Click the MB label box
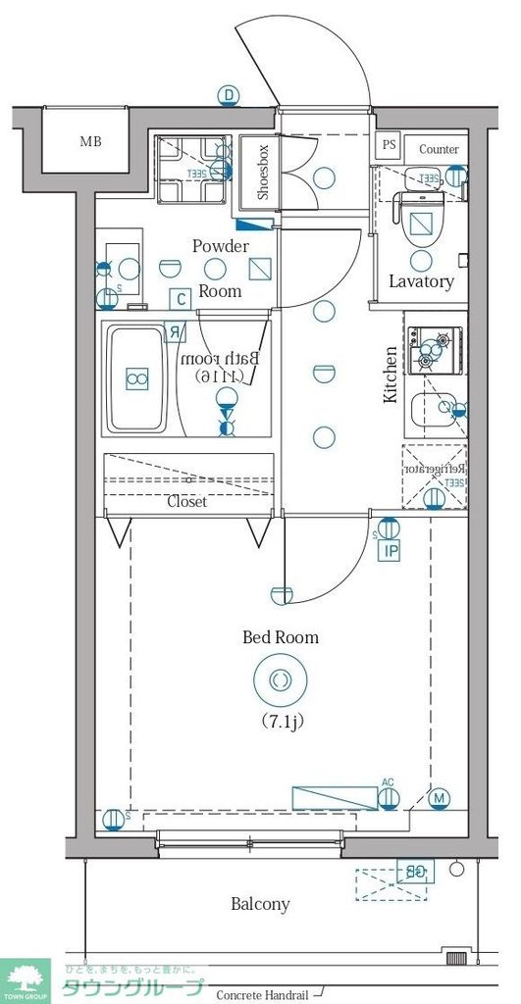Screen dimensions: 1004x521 click(x=90, y=141)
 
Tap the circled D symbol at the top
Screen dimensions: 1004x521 click(x=229, y=95)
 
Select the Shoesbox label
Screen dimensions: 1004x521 click(x=263, y=173)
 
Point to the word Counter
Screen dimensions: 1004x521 click(x=439, y=149)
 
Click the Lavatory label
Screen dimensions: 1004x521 click(x=421, y=281)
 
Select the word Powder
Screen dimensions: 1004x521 click(x=220, y=246)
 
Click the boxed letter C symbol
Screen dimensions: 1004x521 click(x=179, y=299)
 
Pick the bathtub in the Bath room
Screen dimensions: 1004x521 click(x=137, y=379)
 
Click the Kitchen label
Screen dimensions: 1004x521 click(x=391, y=375)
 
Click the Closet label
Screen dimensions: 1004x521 click(x=186, y=501)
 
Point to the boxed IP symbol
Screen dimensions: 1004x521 click(x=391, y=551)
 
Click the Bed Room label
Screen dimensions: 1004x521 click(x=281, y=637)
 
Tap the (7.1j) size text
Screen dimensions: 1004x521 click(x=281, y=723)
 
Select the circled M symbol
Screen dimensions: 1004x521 click(x=440, y=798)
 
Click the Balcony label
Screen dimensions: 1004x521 click(x=260, y=904)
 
